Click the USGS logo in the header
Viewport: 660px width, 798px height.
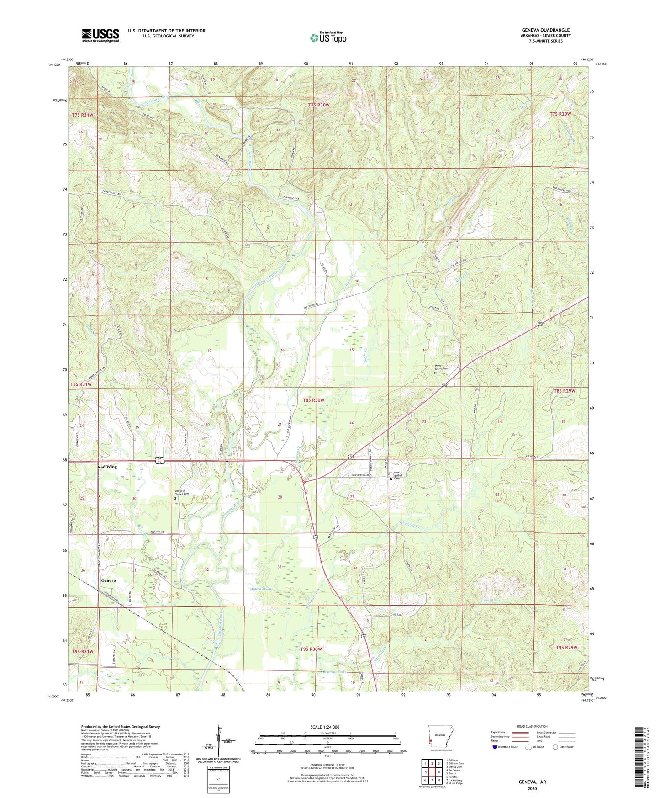tap(100, 35)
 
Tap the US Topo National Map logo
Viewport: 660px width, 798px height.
tap(328, 37)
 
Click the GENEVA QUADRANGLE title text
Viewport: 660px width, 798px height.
tap(545, 30)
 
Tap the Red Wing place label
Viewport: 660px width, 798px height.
tap(107, 467)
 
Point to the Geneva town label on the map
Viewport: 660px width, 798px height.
tap(108, 580)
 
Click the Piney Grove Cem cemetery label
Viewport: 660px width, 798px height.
tap(442, 368)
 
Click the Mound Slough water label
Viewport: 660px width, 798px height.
tap(262, 588)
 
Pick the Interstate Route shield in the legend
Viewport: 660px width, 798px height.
tap(495, 747)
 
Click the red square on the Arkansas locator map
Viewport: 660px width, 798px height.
tap(431, 742)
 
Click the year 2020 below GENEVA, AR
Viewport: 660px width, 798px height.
tap(532, 788)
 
